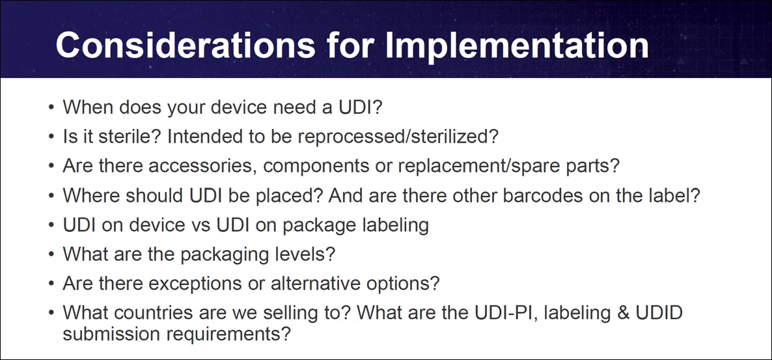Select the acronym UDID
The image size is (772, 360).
[x=657, y=313]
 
